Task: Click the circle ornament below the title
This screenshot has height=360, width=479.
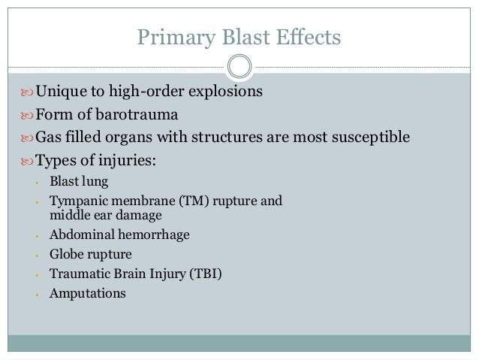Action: [239, 67]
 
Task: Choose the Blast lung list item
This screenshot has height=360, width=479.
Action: [79, 182]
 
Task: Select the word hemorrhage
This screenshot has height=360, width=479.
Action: [155, 235]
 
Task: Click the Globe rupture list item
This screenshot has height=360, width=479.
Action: [90, 255]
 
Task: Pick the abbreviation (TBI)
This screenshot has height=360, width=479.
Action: [207, 274]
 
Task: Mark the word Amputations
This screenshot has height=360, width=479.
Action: [88, 294]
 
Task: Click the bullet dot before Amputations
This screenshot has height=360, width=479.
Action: [37, 294]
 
